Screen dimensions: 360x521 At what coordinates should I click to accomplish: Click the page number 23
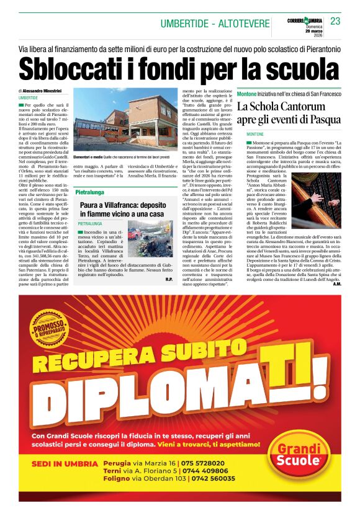[336, 21]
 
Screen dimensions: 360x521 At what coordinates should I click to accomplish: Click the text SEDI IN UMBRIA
[65, 464]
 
